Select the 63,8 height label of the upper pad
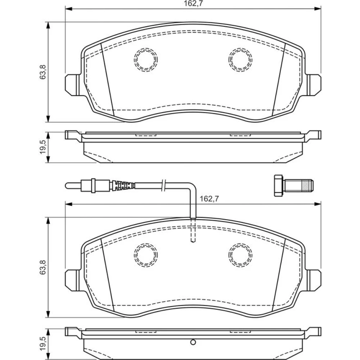[43, 72]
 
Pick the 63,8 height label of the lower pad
[43, 267]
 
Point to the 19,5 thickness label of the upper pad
[43, 147]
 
